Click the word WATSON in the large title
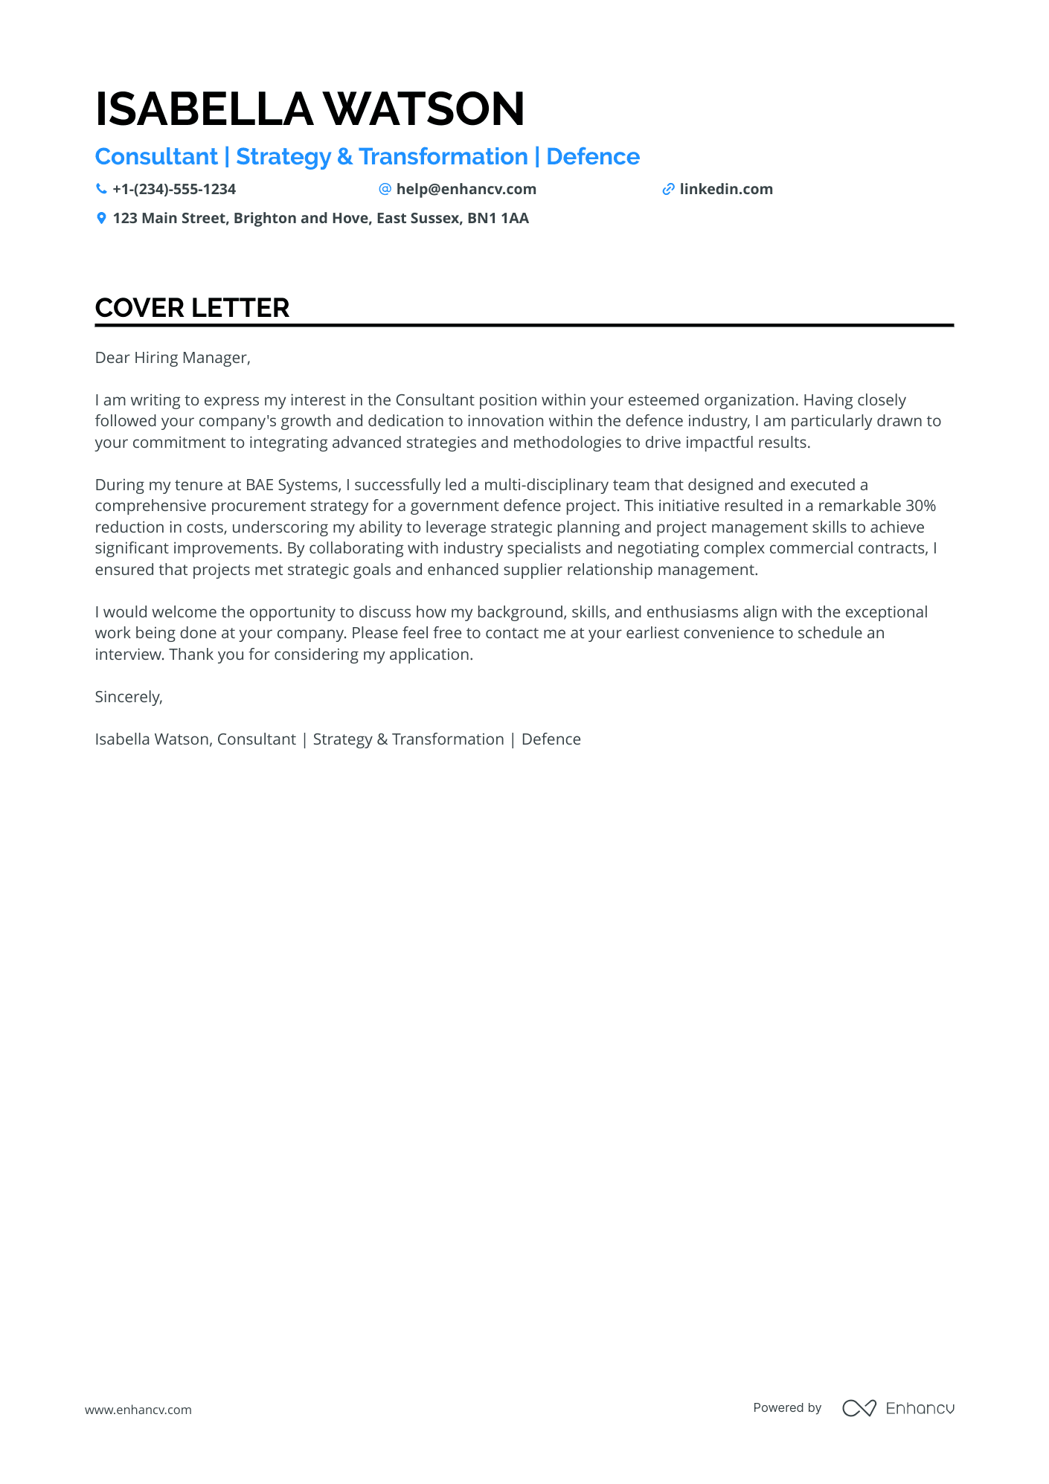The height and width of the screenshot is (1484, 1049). click(424, 109)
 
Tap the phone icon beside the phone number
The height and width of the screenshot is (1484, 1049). click(101, 189)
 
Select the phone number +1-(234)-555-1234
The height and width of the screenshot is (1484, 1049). click(174, 189)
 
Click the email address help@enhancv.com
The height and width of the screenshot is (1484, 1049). click(466, 189)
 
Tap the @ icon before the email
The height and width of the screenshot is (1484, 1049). click(385, 189)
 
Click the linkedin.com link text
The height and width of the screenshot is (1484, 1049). click(725, 189)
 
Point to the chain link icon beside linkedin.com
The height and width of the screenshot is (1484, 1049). click(668, 189)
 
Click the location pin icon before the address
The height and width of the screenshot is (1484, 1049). click(101, 218)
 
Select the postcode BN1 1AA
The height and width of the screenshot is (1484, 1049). click(498, 218)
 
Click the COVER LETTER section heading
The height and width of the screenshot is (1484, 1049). click(192, 308)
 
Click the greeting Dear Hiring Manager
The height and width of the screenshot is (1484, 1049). click(173, 358)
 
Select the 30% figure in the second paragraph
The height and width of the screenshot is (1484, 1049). click(920, 506)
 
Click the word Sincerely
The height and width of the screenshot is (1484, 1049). click(128, 697)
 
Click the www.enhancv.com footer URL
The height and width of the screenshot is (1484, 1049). click(138, 1410)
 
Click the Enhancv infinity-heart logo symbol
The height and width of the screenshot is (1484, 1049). click(859, 1408)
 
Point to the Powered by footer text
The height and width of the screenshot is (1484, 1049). click(787, 1407)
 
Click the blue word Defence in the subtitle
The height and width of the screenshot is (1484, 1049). click(593, 157)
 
